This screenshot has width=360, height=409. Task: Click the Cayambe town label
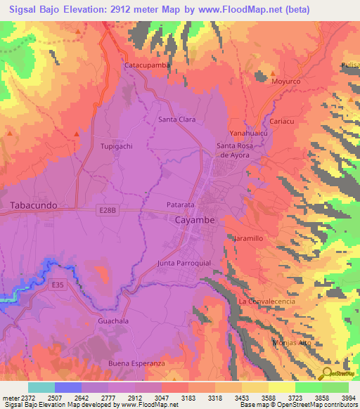coord(194,220)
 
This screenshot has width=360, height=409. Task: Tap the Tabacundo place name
coord(34,206)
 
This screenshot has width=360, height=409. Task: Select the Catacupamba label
coord(148,65)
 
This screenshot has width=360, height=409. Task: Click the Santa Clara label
coord(176,119)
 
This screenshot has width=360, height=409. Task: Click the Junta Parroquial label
coord(184,264)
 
